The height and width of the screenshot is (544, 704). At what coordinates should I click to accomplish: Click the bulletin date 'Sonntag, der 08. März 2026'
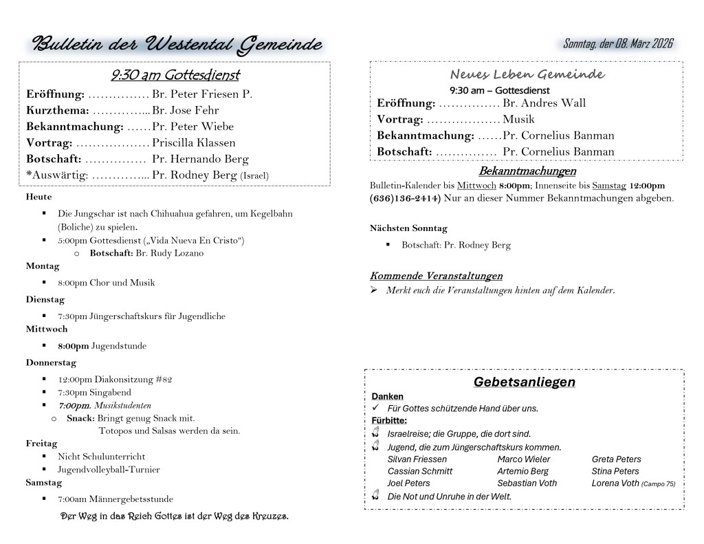(x=617, y=44)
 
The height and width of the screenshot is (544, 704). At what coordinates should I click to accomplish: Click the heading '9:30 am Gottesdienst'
(x=175, y=75)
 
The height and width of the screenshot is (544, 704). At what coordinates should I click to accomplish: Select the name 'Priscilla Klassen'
(x=194, y=143)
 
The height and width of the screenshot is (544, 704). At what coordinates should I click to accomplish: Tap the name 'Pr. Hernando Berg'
(x=200, y=159)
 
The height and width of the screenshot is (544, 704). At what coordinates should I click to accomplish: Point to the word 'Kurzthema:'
(x=58, y=110)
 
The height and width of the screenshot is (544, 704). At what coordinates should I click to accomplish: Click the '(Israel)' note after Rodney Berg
(x=254, y=176)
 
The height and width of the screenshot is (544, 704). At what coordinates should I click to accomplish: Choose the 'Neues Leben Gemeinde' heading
(x=527, y=74)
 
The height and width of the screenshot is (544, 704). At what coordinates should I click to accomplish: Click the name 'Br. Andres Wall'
(x=544, y=103)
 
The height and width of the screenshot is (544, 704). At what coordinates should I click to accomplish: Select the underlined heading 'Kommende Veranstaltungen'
(x=436, y=276)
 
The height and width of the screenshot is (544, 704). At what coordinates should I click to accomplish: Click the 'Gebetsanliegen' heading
(x=524, y=382)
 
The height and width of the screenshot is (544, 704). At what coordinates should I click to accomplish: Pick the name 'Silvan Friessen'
(x=417, y=459)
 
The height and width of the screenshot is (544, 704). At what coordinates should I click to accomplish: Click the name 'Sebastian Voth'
(x=527, y=483)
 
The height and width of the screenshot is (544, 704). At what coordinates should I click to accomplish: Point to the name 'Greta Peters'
(x=616, y=459)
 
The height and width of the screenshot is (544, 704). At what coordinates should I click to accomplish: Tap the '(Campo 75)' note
(x=658, y=484)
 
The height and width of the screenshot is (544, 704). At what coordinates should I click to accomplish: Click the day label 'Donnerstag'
(x=51, y=362)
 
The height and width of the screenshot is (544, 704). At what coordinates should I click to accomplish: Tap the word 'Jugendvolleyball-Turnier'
(x=109, y=470)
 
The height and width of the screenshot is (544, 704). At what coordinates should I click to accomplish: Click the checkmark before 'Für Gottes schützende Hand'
(x=375, y=408)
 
